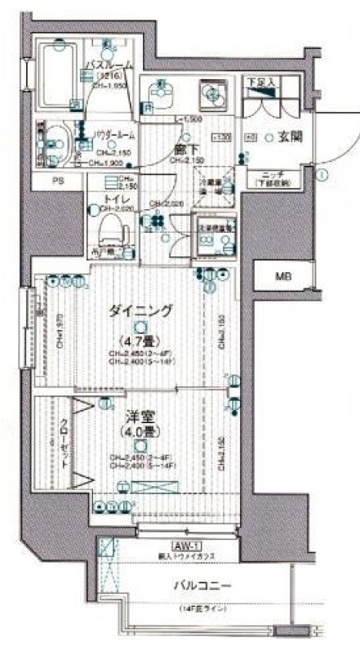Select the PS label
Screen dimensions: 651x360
(x=57, y=181)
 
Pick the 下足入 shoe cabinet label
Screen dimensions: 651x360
(x=261, y=82)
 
